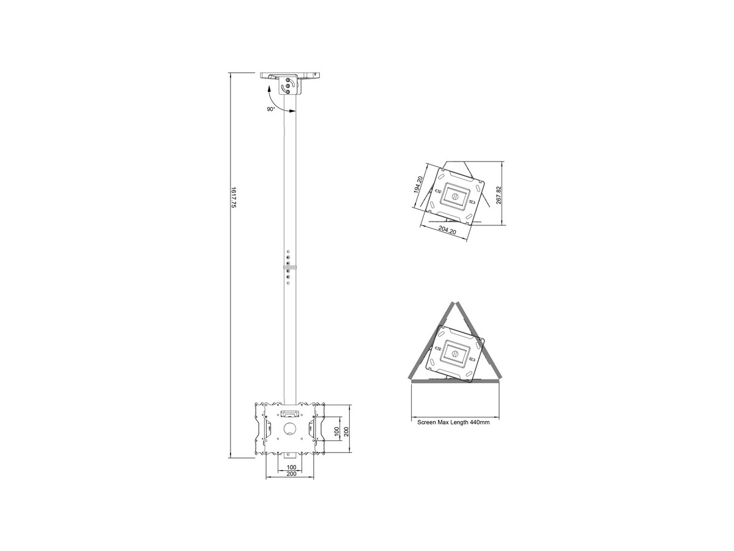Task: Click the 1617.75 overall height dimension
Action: tap(234, 198)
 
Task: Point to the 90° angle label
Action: tap(271, 109)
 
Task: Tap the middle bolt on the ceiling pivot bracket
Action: tap(287, 86)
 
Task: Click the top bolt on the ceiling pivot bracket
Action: tap(287, 80)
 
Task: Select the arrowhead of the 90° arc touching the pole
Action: tap(292, 111)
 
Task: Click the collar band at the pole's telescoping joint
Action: tap(290, 268)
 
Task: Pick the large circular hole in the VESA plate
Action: tap(289, 429)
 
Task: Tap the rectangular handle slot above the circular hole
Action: tap(289, 414)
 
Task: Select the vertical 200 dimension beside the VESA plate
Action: tap(346, 432)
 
